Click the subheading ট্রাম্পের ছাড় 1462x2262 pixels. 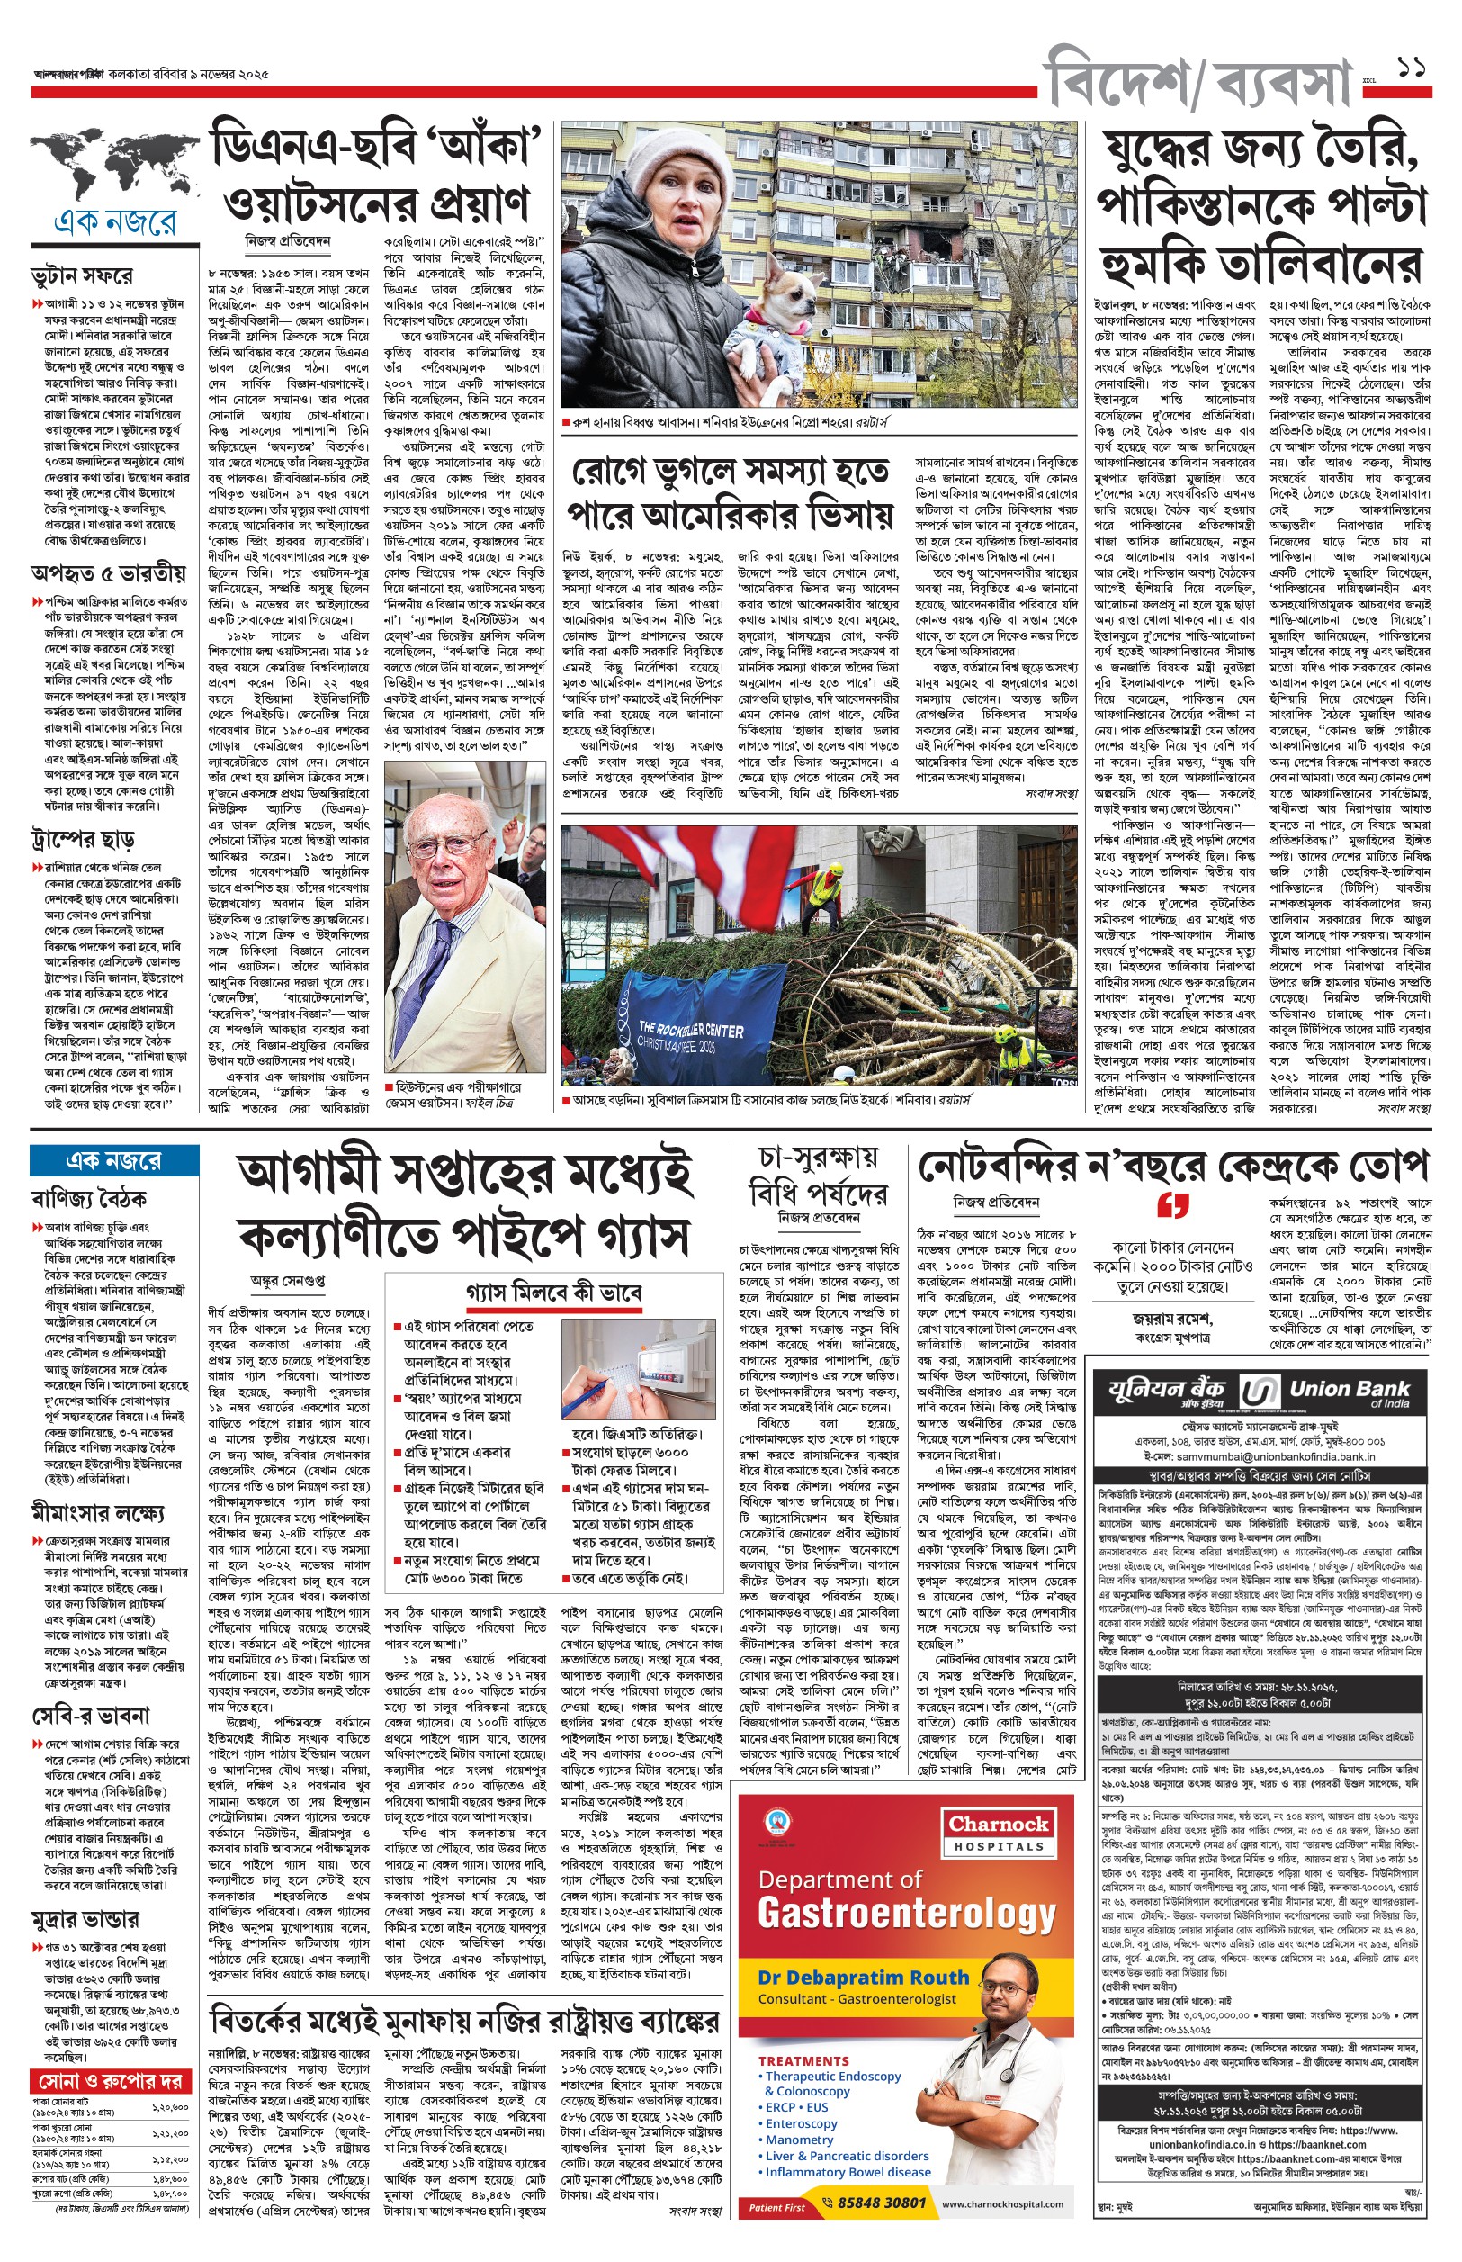pos(84,839)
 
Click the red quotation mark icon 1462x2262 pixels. pos(1173,1207)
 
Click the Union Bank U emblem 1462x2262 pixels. pos(1260,1393)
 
